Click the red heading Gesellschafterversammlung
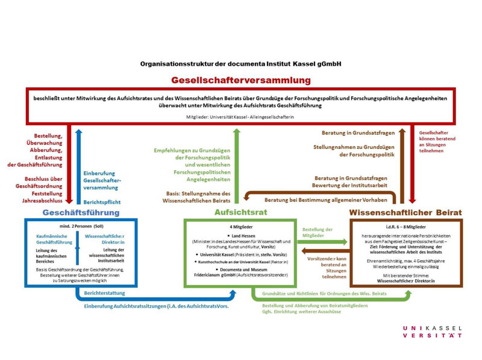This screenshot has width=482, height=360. [x=241, y=80]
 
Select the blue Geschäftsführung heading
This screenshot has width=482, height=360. [x=81, y=212]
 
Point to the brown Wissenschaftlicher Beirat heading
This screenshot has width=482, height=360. [x=405, y=212]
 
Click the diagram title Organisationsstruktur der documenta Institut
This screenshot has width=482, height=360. [x=241, y=63]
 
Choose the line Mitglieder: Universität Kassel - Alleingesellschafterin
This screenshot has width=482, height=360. [x=240, y=116]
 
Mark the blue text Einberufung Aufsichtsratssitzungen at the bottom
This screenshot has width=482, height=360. [x=156, y=306]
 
